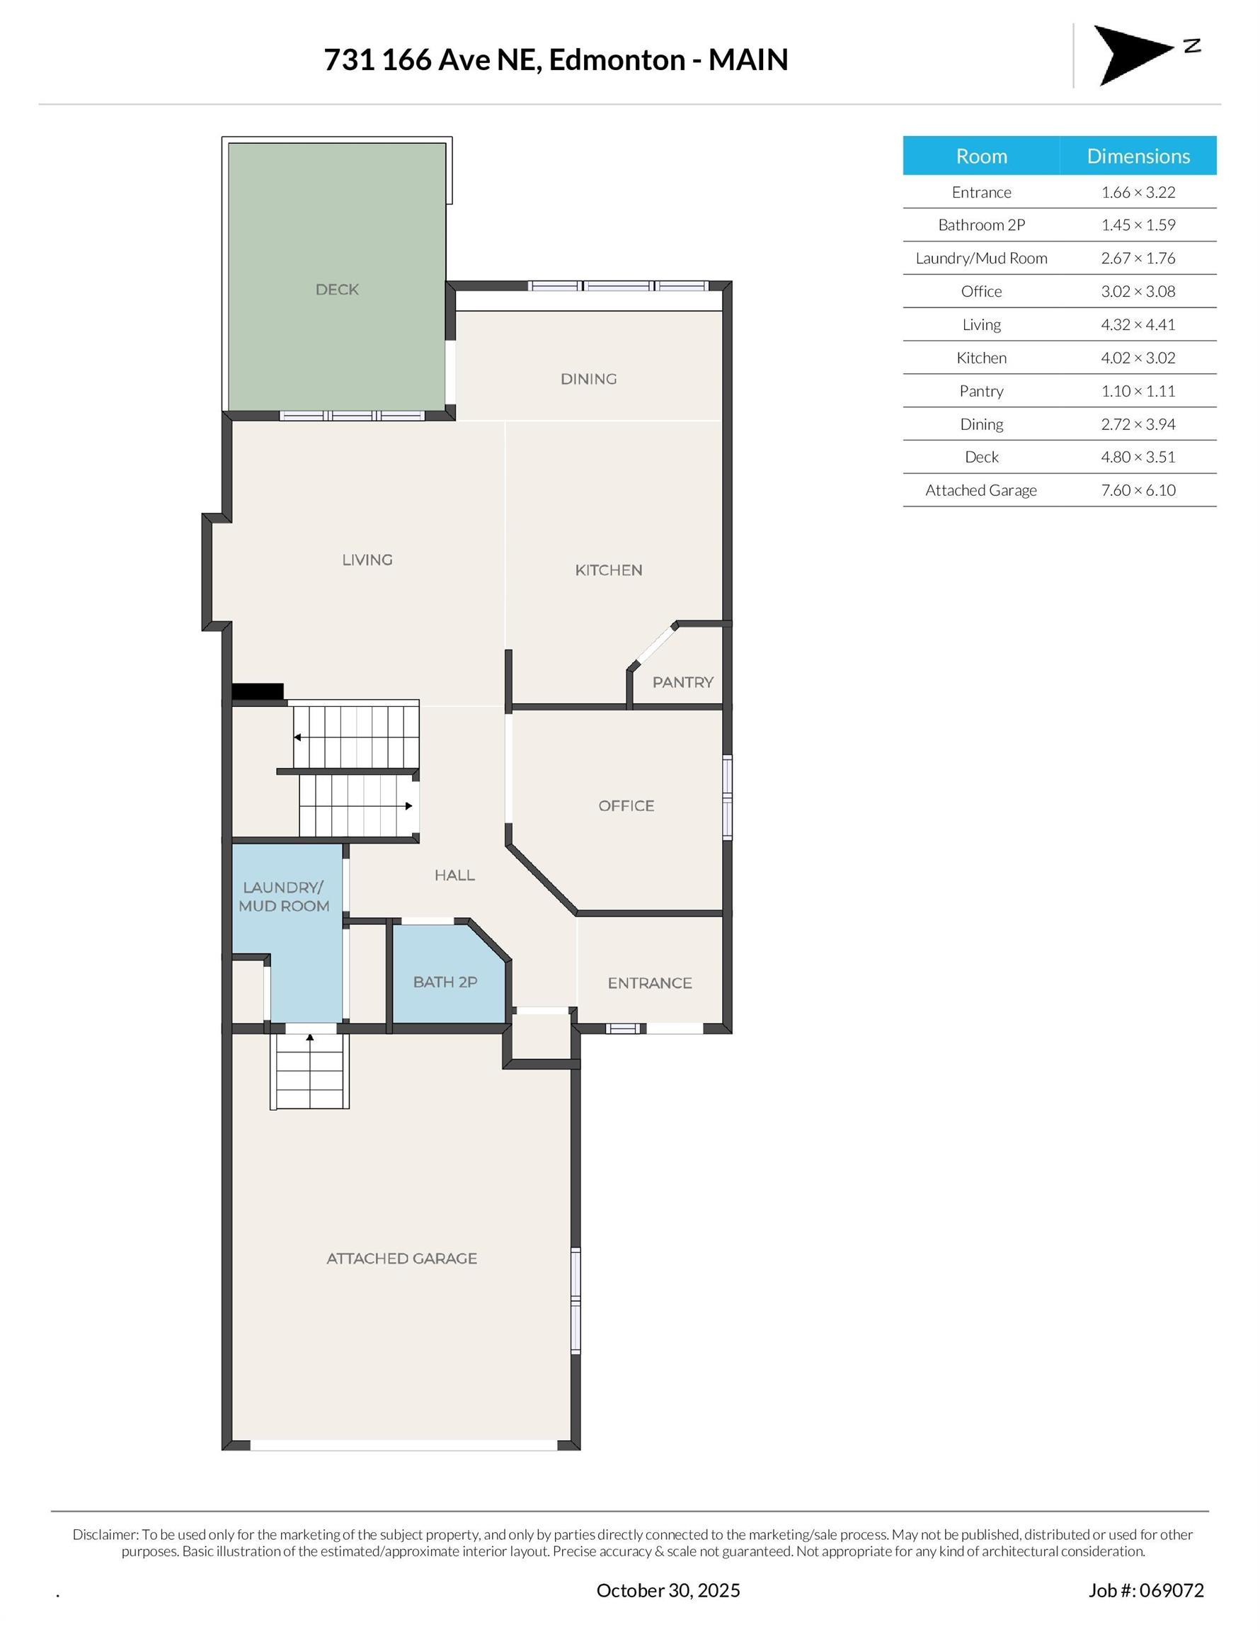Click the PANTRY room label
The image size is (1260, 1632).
(682, 681)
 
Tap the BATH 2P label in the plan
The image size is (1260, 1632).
(445, 982)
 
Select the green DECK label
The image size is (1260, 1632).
(337, 289)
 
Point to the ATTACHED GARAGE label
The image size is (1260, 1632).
(402, 1259)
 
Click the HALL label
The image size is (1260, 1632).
(455, 875)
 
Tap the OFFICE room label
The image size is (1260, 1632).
(626, 805)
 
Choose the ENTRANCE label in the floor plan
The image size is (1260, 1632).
(650, 983)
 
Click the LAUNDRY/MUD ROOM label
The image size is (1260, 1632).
(284, 897)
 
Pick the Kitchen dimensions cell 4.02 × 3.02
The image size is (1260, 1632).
(1138, 358)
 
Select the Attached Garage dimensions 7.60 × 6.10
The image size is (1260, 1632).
(1138, 490)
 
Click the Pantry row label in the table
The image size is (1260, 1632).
(980, 391)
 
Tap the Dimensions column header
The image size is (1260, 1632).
(1138, 156)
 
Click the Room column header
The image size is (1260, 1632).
(980, 156)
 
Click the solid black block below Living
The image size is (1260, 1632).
(258, 691)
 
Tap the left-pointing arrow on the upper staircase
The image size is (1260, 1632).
(297, 737)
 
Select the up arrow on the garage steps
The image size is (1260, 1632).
(310, 1037)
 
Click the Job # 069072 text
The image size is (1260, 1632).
(1146, 1590)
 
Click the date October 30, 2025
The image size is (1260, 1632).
(668, 1590)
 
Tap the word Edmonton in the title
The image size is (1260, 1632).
(617, 59)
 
